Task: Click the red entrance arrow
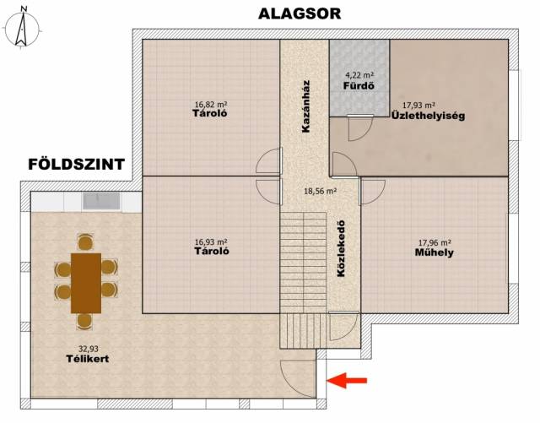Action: pos(347,380)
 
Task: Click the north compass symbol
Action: pos(21,28)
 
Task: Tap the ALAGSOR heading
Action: pos(300,14)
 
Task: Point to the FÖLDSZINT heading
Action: pos(76,164)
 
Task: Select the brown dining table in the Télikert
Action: pos(86,283)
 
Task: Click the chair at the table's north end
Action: pos(86,241)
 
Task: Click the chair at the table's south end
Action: pos(84,322)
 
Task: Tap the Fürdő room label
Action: pos(359,85)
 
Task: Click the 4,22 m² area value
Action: pos(359,74)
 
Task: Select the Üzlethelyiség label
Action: pos(428,116)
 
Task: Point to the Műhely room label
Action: pos(434,252)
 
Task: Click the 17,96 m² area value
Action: pos(435,242)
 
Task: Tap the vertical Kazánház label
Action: pos(305,106)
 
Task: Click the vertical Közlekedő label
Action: pos(341,248)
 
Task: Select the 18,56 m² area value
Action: pos(320,191)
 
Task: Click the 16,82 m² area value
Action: pos(211,104)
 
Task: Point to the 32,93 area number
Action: pos(88,350)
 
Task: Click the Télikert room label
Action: pos(88,359)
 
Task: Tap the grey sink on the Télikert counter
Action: pos(101,201)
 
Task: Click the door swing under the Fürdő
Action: pos(360,128)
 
